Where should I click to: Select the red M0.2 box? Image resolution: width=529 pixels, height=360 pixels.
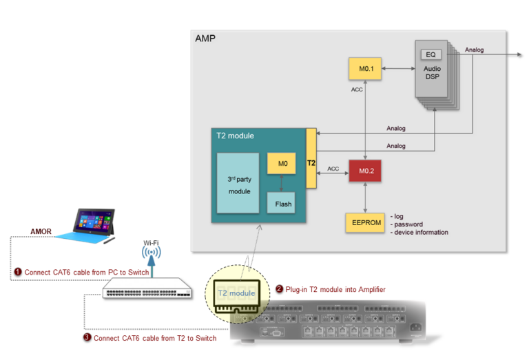pos(364,169)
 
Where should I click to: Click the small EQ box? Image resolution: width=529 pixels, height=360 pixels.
pos(431,55)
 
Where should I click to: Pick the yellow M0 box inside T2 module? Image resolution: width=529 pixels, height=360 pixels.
pos(281,164)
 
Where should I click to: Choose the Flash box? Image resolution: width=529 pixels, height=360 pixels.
pos(282,204)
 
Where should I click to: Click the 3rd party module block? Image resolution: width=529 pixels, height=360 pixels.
pos(238,183)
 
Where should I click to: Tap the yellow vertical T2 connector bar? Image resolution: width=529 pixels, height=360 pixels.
pos(311,158)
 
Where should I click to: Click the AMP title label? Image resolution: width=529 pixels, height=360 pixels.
pos(205,38)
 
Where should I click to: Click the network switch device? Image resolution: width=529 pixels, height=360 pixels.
pos(147,291)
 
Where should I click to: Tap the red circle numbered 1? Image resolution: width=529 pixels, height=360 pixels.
pos(18,272)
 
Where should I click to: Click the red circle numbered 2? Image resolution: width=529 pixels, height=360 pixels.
pos(279,289)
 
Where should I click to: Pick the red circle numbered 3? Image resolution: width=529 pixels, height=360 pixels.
pos(87,337)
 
